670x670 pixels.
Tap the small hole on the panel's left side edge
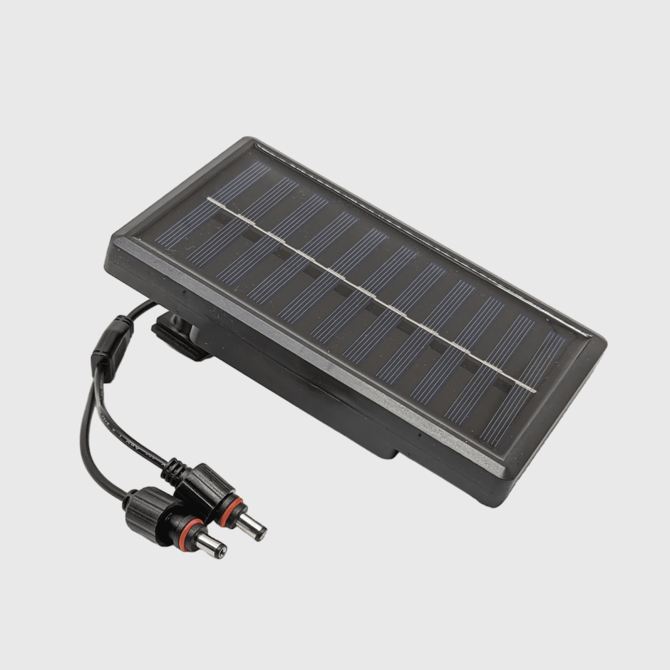(x=183, y=289)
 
